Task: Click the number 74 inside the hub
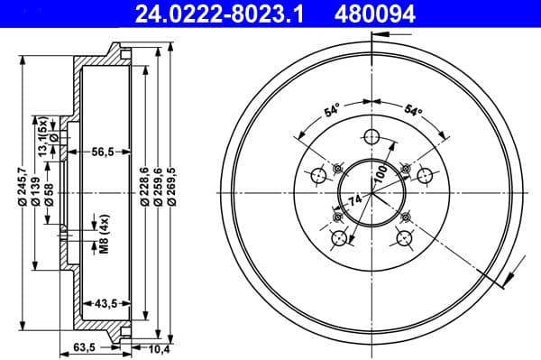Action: click(x=354, y=198)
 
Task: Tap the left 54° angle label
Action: click(x=332, y=111)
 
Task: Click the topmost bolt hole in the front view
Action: click(x=370, y=138)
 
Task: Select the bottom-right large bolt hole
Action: click(x=401, y=238)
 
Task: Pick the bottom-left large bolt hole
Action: click(x=339, y=238)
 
